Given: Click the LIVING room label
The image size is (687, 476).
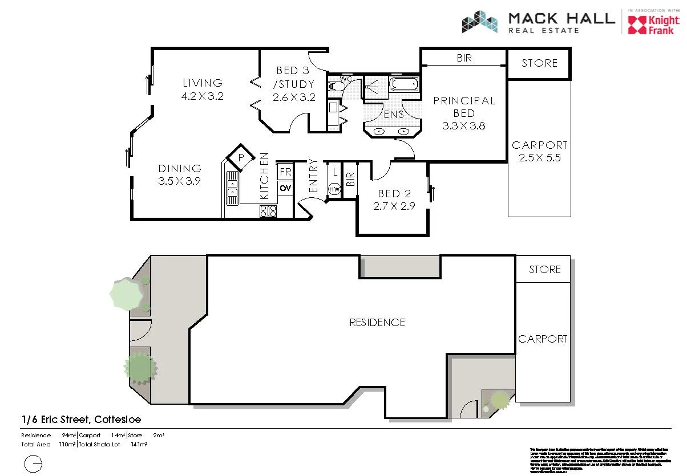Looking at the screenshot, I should click(x=202, y=83).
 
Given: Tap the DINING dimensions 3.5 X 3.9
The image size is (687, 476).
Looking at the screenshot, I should click(x=180, y=181).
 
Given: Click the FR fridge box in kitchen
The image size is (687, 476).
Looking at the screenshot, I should click(x=285, y=172).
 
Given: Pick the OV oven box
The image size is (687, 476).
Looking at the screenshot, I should click(x=285, y=188).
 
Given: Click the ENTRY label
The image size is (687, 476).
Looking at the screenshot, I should click(x=313, y=176).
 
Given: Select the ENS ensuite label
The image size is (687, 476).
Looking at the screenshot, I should click(x=394, y=115).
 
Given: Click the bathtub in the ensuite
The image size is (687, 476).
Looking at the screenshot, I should click(x=403, y=86).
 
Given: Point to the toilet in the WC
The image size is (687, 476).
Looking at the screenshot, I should click(x=336, y=87).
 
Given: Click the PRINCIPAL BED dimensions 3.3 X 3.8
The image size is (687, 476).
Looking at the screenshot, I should click(x=463, y=126).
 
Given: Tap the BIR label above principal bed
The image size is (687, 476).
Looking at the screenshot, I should click(x=464, y=58).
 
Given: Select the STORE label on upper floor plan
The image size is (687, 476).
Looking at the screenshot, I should click(x=539, y=63).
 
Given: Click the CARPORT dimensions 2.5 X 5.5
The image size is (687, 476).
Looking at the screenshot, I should click(x=539, y=158).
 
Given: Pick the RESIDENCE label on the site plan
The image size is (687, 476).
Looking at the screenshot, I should click(x=377, y=323).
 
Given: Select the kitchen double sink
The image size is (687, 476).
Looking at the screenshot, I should click(x=232, y=189).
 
